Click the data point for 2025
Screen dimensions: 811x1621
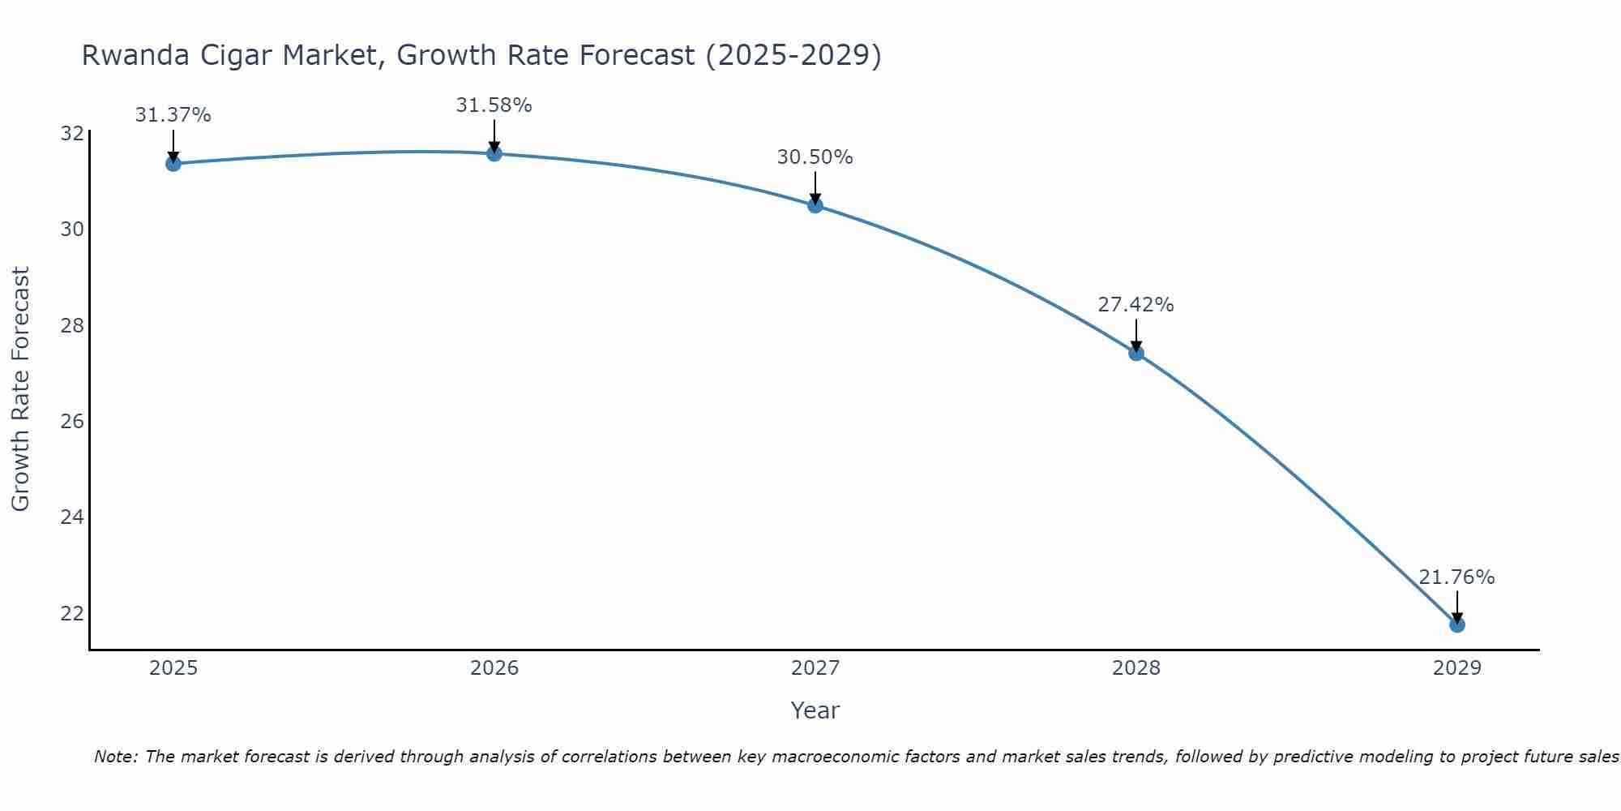pyautogui.click(x=173, y=164)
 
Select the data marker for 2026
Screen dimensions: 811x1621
pyautogui.click(x=494, y=153)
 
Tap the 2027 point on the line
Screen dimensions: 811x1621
pyautogui.click(x=815, y=205)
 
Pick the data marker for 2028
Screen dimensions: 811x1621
pyautogui.click(x=1136, y=353)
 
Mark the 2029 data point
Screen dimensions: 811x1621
pyautogui.click(x=1456, y=624)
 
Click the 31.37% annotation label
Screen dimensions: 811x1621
pyautogui.click(x=173, y=115)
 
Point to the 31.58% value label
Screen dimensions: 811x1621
pyautogui.click(x=494, y=105)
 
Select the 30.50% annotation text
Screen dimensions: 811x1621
pyautogui.click(x=815, y=157)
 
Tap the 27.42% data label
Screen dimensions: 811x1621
pyautogui.click(x=1136, y=305)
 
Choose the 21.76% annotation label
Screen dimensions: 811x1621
pyautogui.click(x=1456, y=577)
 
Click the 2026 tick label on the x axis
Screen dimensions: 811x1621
pyautogui.click(x=494, y=668)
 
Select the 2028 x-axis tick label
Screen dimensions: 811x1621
pyautogui.click(x=1136, y=668)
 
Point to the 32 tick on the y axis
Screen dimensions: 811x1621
pyautogui.click(x=72, y=133)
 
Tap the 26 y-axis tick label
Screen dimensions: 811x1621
pyautogui.click(x=72, y=421)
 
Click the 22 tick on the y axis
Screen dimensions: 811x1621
pyautogui.click(x=72, y=613)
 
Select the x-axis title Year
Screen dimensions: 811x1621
pyautogui.click(x=815, y=710)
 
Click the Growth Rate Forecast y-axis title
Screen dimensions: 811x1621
pyautogui.click(x=20, y=388)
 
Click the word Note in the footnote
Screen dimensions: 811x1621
pyautogui.click(x=115, y=757)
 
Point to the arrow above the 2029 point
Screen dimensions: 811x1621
pyautogui.click(x=1456, y=607)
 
